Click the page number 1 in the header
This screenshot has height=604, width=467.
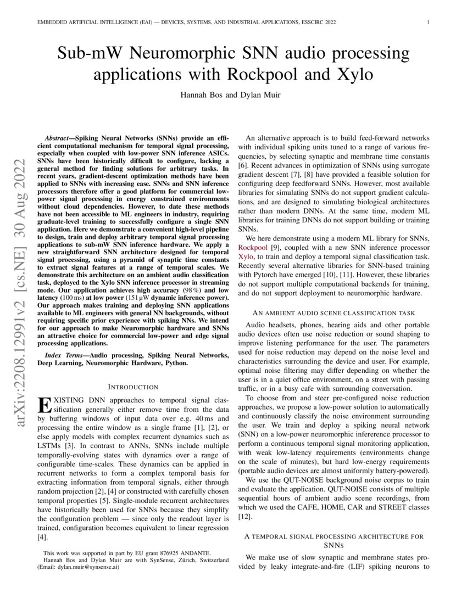[x=427, y=23]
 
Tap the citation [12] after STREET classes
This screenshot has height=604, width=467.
[x=244, y=517]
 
